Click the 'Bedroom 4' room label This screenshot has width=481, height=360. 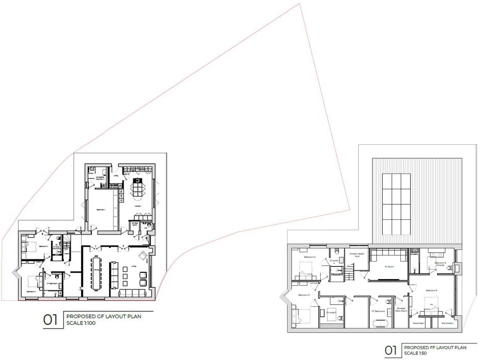tap(309, 257)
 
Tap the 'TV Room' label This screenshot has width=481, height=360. tap(389, 267)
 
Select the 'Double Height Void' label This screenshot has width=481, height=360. tap(357, 255)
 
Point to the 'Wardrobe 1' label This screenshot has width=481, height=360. tap(418, 323)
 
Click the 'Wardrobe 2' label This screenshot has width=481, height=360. tap(447, 323)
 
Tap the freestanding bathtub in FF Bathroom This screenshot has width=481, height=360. tap(378, 324)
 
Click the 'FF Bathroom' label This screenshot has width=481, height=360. tap(378, 311)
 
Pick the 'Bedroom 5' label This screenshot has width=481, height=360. tap(304, 295)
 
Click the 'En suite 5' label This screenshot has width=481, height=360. tap(331, 312)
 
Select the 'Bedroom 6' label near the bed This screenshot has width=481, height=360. tap(431, 290)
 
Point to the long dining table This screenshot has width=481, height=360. tap(96, 273)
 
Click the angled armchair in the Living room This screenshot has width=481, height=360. tap(143, 256)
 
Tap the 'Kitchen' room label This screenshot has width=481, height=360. tap(137, 206)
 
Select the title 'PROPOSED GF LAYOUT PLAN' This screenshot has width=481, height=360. tap(104, 316)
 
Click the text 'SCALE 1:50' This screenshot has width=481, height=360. tap(415, 353)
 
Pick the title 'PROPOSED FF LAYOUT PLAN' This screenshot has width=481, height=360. tap(435, 347)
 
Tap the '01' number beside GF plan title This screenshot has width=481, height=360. tap(50, 320)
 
